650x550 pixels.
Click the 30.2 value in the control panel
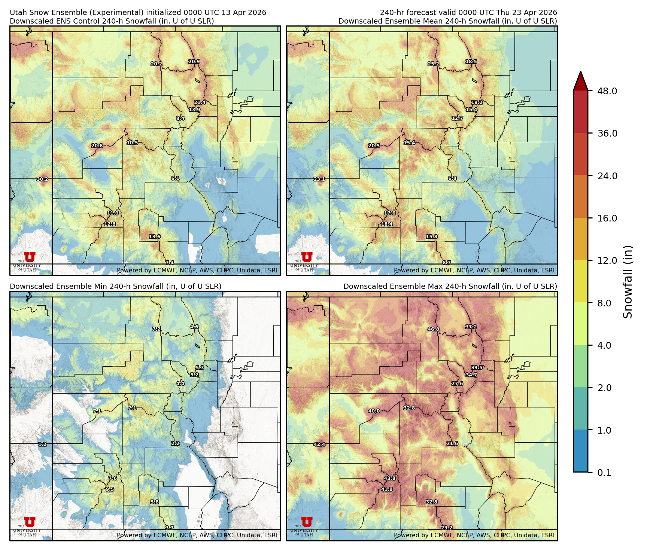[x=42, y=179]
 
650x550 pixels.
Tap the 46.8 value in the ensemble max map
[x=433, y=329]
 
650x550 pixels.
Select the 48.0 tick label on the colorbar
[x=607, y=91]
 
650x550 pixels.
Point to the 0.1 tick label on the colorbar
[x=604, y=473]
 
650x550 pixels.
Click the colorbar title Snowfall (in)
[x=628, y=282]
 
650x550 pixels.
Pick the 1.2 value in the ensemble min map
[x=42, y=444]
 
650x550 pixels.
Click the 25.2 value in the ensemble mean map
[x=433, y=64]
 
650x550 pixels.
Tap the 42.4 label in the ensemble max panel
[x=319, y=444]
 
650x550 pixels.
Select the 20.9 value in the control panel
[x=194, y=62]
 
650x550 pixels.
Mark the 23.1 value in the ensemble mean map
[x=319, y=179]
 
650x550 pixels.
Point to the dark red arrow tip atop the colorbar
[x=580, y=80]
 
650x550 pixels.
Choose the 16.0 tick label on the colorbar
[x=607, y=218]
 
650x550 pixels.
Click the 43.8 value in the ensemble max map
[x=390, y=479]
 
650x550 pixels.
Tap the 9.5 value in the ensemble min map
[x=110, y=489]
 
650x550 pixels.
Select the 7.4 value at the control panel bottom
[x=170, y=263]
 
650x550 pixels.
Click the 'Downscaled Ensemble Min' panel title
[x=115, y=286]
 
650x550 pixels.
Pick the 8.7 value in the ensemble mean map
[x=447, y=263]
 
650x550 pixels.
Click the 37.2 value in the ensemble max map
[x=471, y=327]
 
